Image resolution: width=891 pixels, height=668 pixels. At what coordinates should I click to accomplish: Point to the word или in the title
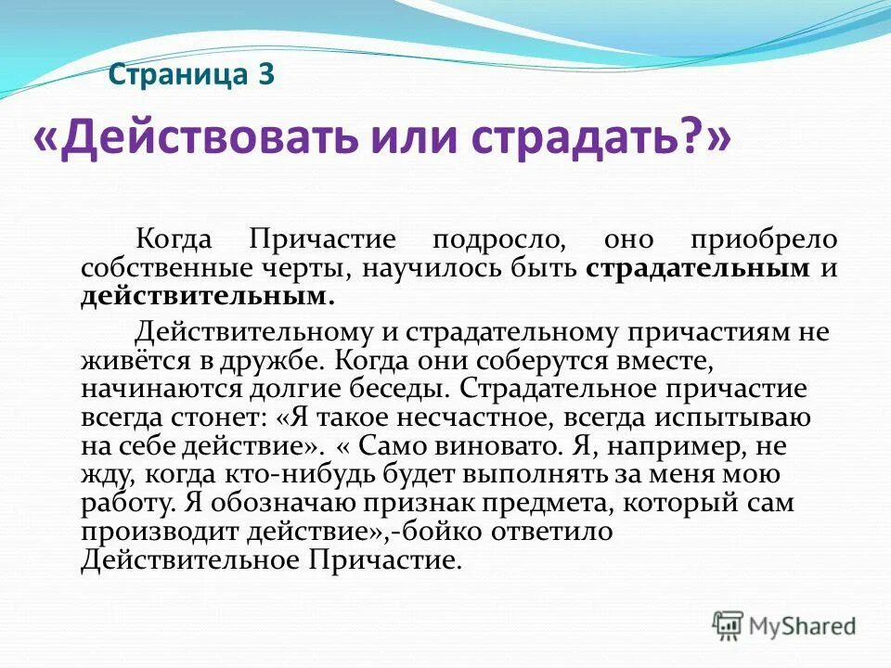[413, 139]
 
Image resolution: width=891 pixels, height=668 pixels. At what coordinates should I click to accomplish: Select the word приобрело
[762, 239]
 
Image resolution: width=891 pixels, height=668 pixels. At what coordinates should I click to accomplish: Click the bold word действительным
[207, 297]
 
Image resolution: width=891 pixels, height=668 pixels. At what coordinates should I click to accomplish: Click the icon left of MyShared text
[728, 625]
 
